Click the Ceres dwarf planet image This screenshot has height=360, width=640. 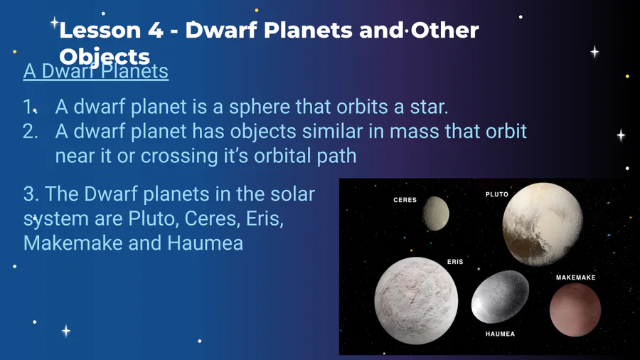(436, 213)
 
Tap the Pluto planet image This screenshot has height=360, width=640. (543, 224)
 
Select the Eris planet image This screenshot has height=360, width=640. (416, 300)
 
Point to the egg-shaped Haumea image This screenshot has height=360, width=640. (500, 297)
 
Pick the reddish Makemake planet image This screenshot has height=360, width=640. (575, 309)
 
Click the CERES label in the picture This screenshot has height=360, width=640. (405, 200)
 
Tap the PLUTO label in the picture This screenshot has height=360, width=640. (497, 194)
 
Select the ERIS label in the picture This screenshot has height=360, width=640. (455, 262)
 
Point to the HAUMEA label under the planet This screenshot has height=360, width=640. (500, 334)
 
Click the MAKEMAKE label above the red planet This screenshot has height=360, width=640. (575, 277)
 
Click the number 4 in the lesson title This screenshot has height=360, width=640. (155, 30)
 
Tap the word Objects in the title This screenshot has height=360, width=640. (105, 57)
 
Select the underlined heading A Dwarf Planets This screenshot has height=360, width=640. (96, 71)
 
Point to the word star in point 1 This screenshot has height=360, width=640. (430, 107)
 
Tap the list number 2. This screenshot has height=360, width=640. (30, 132)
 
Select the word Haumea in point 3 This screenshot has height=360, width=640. (206, 243)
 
